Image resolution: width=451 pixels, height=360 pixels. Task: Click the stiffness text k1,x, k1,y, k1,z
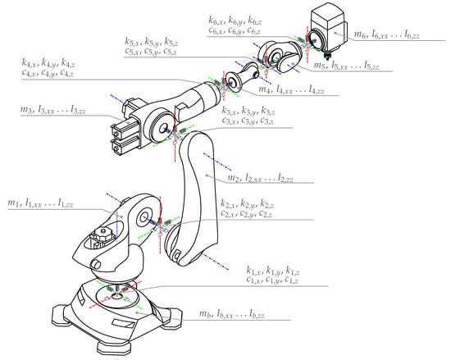point(275,271)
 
